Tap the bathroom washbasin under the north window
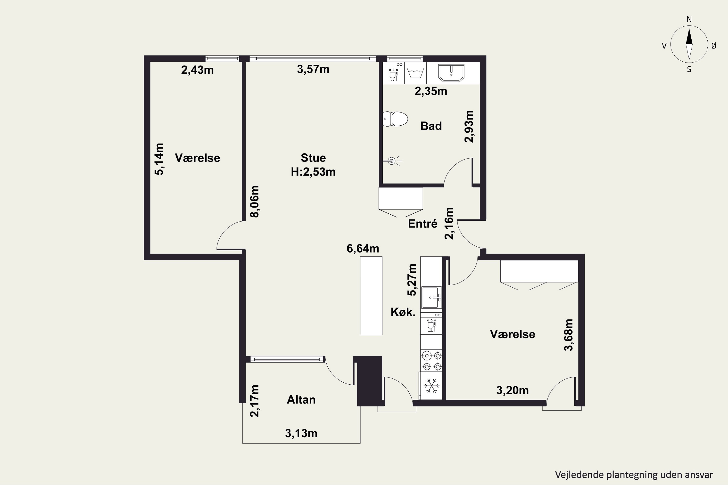pos(452,73)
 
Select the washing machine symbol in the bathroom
pos(415,73)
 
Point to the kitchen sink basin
pos(431,298)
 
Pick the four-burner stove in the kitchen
pos(431,361)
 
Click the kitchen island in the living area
pos(371,296)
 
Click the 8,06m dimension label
pos(254,202)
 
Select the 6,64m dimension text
pos(363,248)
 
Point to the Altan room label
pos(301,400)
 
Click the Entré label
pos(422,224)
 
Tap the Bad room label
pos(431,126)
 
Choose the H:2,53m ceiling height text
pos(313,172)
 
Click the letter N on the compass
pos(689,19)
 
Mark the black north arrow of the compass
pos(689,37)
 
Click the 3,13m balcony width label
pos(301,434)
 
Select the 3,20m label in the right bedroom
pos(512,390)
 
